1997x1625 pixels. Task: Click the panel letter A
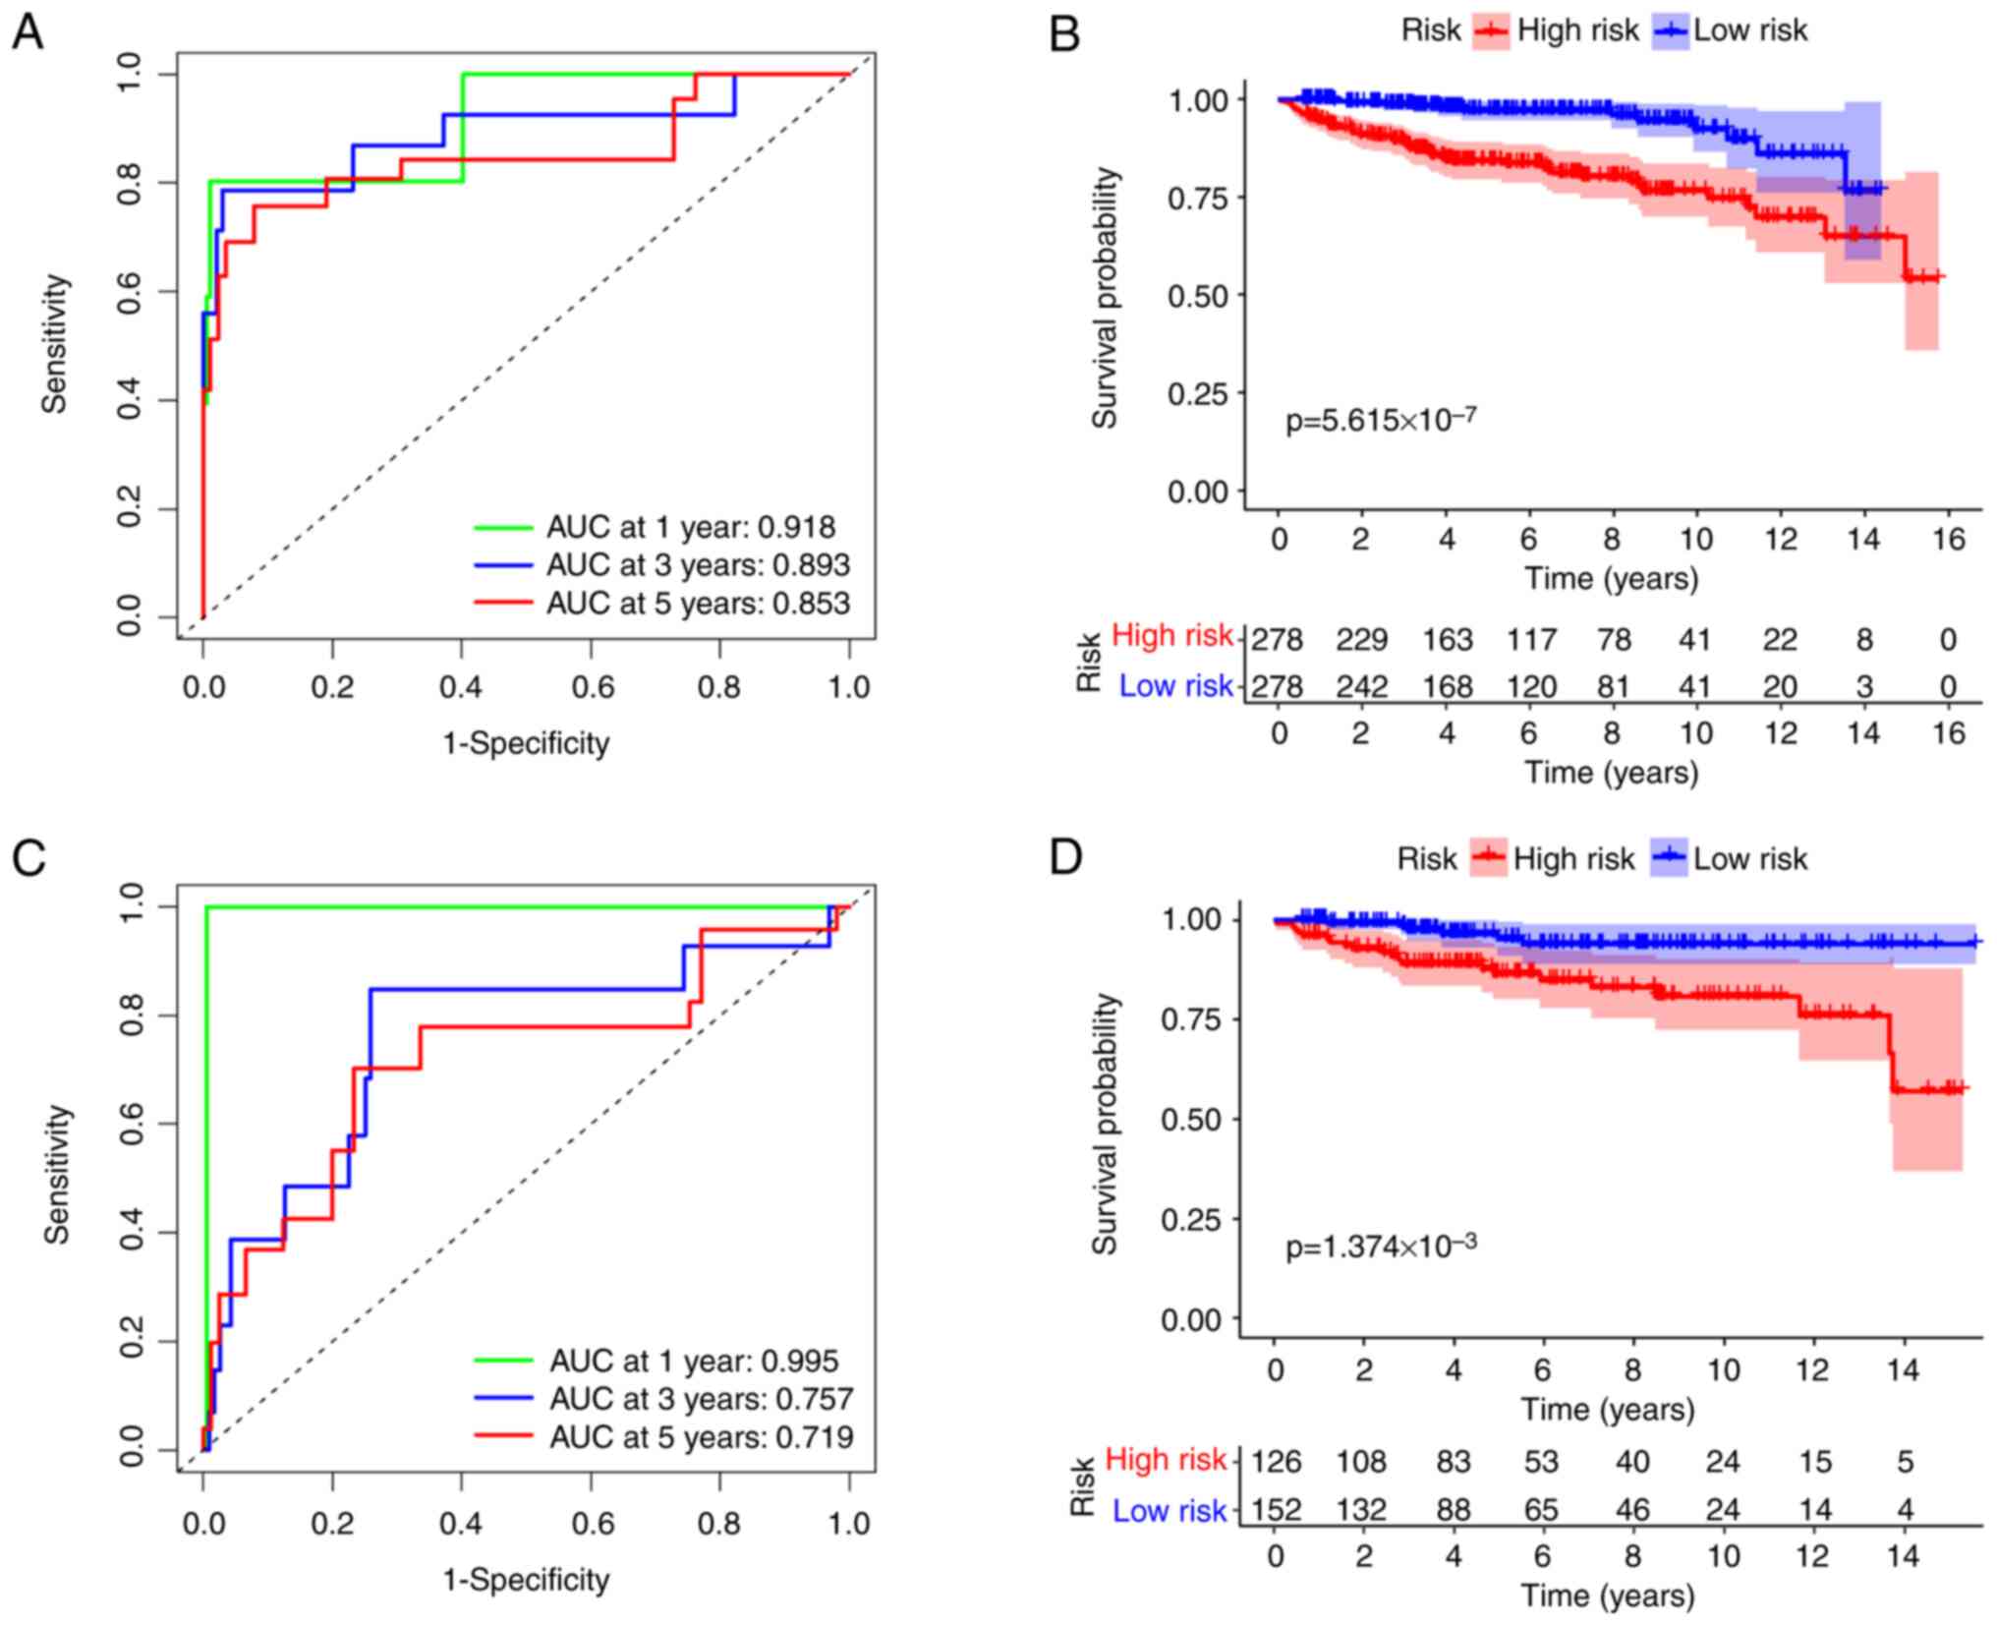[x=28, y=33]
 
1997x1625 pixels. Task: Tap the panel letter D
[x=1065, y=857]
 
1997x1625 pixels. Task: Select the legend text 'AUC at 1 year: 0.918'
[x=691, y=527]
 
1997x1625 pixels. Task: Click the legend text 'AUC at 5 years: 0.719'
[x=701, y=1437]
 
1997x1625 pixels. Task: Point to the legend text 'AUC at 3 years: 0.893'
[x=698, y=565]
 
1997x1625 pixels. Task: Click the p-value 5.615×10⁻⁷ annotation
[x=1381, y=420]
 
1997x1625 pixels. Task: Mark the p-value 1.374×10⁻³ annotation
[x=1381, y=1247]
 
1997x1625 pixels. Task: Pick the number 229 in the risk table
[x=1361, y=640]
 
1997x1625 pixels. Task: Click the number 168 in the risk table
[x=1448, y=686]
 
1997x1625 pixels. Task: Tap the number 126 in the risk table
[x=1276, y=1462]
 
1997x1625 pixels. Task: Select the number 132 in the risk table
[x=1361, y=1509]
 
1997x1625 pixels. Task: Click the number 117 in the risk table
[x=1531, y=640]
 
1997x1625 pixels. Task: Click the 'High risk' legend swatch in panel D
[x=1489, y=858]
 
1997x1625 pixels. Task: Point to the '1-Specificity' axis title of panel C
[x=526, y=1580]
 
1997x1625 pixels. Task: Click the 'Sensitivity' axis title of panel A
[x=56, y=344]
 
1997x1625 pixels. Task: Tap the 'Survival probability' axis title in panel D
[x=1106, y=1124]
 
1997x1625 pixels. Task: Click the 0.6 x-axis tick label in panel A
[x=591, y=687]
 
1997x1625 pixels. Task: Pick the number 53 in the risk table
[x=1541, y=1462]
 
